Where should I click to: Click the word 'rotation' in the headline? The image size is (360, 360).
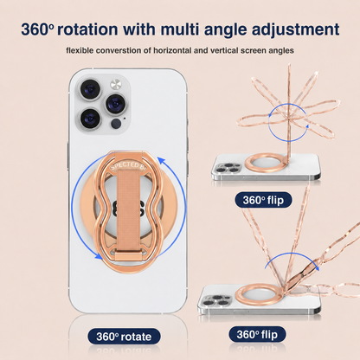(x=87, y=29)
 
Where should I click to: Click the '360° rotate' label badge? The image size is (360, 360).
(x=124, y=337)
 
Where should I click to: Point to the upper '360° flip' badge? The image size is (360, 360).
(x=263, y=200)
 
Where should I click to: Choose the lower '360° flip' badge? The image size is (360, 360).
(x=257, y=334)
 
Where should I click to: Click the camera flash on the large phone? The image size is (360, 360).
(x=116, y=85)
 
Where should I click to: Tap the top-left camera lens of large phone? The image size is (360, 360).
(x=90, y=89)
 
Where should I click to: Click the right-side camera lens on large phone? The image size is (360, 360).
(x=116, y=104)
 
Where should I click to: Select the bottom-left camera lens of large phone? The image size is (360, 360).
(x=90, y=119)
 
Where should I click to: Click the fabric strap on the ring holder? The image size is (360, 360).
(x=128, y=212)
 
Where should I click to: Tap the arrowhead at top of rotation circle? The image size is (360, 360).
(x=161, y=160)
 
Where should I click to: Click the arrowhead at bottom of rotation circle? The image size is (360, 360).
(x=99, y=255)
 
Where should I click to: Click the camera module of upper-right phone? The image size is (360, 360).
(x=228, y=168)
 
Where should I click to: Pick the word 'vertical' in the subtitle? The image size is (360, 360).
(x=224, y=50)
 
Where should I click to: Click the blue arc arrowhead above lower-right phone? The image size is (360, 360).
(x=317, y=267)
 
